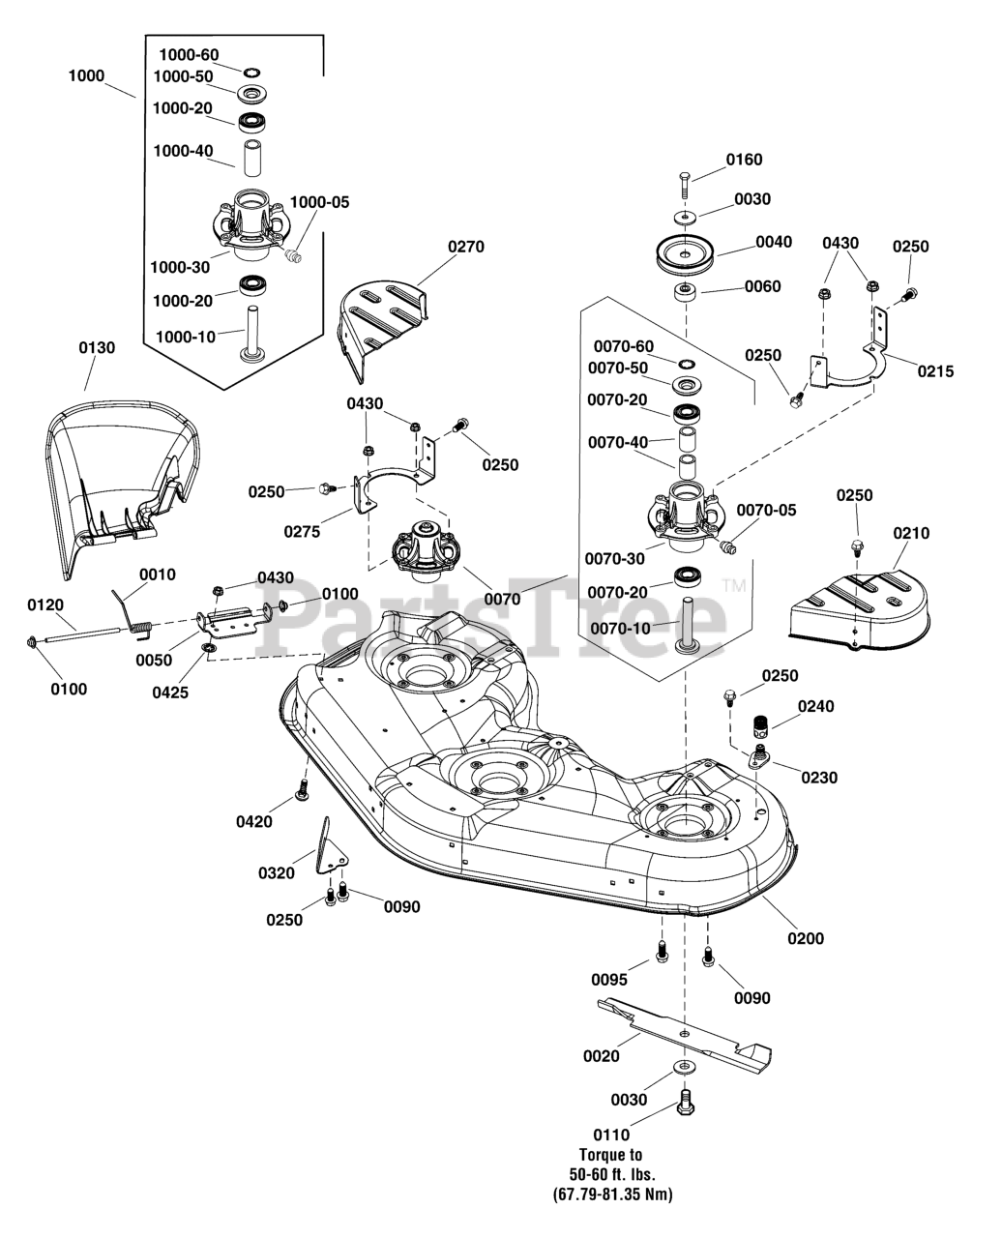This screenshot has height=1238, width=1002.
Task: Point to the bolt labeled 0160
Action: (685, 185)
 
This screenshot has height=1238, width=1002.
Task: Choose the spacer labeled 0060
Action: (686, 291)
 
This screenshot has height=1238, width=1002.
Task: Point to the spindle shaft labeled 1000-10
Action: (252, 336)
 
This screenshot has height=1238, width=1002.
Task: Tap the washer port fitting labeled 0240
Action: (761, 724)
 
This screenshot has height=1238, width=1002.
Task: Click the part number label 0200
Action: (806, 938)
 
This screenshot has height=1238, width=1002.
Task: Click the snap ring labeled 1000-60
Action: (251, 73)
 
